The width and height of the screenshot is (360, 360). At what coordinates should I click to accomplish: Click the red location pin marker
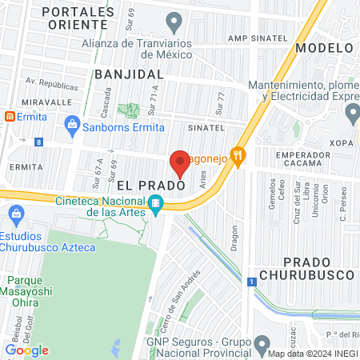coord(180,163)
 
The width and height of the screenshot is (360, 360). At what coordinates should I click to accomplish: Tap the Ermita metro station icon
coord(10,116)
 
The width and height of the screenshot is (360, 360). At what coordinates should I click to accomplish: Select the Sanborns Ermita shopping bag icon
coord(72,125)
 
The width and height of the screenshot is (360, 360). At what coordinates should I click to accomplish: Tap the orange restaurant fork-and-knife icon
coord(236,154)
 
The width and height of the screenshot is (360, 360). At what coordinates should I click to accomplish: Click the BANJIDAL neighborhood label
coord(128,74)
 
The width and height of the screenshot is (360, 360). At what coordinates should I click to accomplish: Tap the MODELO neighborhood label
coord(323,47)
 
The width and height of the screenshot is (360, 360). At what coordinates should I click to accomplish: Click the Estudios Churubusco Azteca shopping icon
coord(14,214)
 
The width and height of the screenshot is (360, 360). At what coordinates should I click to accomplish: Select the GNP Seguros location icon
coord(262,343)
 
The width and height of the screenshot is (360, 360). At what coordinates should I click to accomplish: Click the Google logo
coord(26,350)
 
